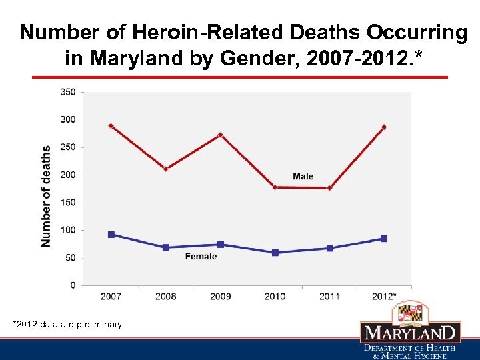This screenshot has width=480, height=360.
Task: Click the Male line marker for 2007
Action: (111, 126)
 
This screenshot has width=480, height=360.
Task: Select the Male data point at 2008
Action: (166, 169)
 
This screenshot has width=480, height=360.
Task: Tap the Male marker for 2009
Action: (221, 135)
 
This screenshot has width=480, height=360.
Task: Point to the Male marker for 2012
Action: (384, 127)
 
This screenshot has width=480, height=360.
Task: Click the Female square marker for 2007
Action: (111, 235)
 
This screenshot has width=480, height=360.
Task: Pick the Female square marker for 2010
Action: (275, 253)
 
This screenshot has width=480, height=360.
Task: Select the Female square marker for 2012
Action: (384, 239)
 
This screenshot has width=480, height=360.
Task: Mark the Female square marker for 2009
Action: (221, 245)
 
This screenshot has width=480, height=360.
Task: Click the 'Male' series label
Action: (303, 177)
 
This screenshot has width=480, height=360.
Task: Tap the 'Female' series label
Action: (201, 257)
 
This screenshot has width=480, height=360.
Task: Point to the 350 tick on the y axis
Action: (68, 92)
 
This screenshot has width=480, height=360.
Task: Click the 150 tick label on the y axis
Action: (68, 203)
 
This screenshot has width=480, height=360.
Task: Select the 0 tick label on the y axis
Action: (73, 285)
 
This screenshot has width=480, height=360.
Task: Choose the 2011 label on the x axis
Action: (329, 296)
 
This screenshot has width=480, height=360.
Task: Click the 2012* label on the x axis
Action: (385, 296)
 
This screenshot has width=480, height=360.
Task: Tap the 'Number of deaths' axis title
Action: (46, 197)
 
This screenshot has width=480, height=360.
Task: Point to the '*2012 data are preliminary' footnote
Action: (67, 325)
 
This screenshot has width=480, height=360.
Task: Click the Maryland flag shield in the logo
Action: (410, 311)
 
